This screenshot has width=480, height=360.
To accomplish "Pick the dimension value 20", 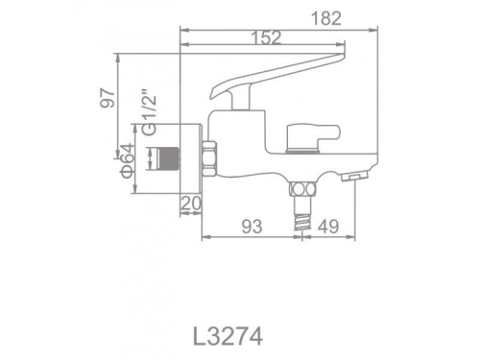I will coord(189,203).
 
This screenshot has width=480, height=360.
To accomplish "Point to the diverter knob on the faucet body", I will coord(316,137).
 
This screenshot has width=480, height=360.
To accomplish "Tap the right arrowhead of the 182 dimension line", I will coord(370,27).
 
